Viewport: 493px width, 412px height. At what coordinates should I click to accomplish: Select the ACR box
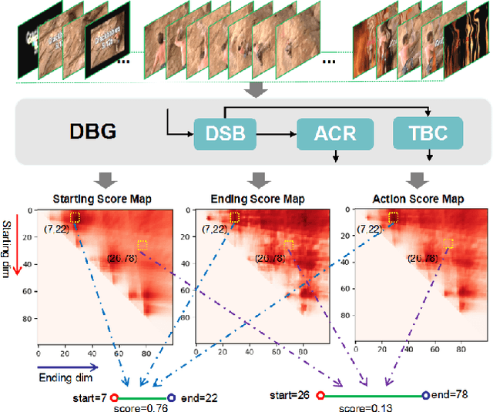tap(335, 132)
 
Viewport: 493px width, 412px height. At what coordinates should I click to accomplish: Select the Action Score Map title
tap(417, 199)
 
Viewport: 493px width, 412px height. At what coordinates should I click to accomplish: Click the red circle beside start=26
tap(320, 396)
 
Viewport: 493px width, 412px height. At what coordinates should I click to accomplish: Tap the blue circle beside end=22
tap(171, 397)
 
